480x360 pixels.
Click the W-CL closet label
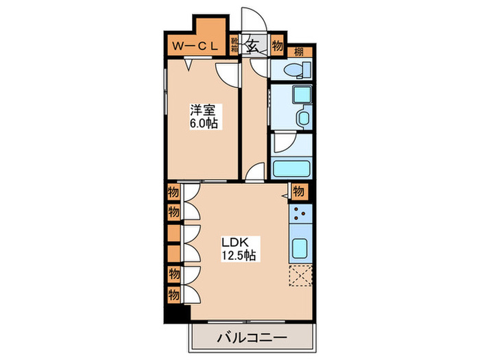pos(195,46)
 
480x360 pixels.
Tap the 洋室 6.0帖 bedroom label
pos(204,117)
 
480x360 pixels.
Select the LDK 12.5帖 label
pos(239,248)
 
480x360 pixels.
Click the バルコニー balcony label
pos(252,338)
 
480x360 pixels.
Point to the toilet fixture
pos(297,69)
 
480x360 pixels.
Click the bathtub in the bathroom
pos(291,169)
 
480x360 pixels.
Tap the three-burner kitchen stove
pos(300,213)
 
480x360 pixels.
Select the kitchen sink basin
pos(299,248)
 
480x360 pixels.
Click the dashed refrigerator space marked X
pos(300,276)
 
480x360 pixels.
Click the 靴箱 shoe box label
pos(235,45)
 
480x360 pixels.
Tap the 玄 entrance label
pos(253,46)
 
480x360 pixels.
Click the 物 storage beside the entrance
pos(277,46)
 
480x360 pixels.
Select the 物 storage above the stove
pos(298,192)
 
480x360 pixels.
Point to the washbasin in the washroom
pos(303,117)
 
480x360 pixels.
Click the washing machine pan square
pos(302,95)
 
